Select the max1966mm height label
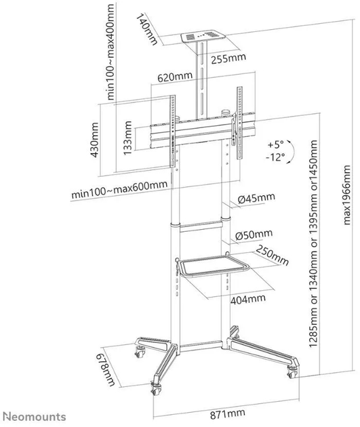click(x=346, y=195)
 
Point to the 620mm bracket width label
click(x=175, y=77)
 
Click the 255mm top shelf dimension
click(x=228, y=58)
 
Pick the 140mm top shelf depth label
click(x=146, y=29)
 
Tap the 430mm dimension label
click(x=94, y=140)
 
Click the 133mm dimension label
click(x=127, y=138)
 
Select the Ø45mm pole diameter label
click(x=256, y=198)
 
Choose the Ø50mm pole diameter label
click(x=254, y=235)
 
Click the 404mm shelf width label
click(x=248, y=299)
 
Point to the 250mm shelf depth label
click(x=272, y=255)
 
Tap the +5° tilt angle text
click(x=275, y=144)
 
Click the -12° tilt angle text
click(x=275, y=157)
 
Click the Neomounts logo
click(x=36, y=417)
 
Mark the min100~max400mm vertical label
click(x=111, y=52)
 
